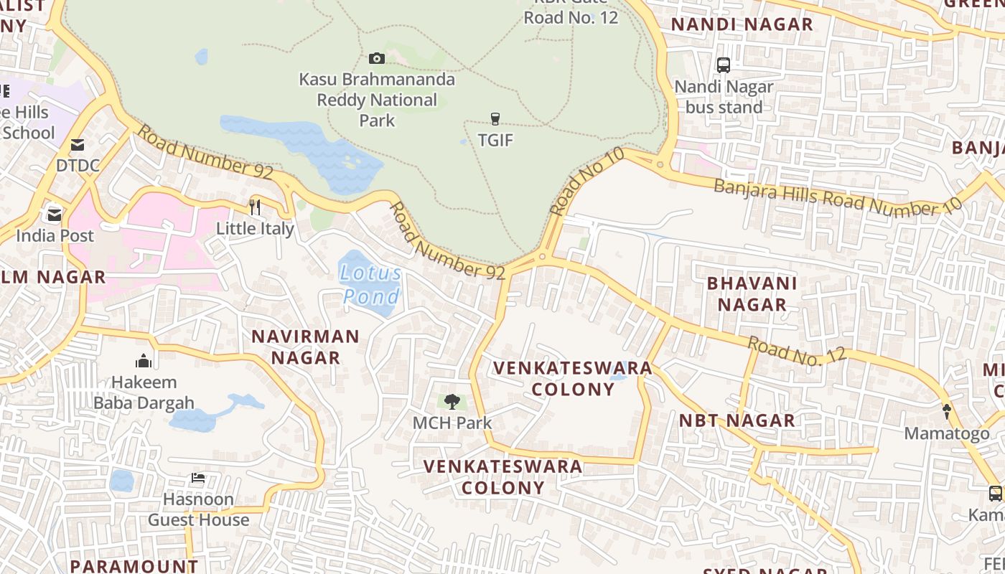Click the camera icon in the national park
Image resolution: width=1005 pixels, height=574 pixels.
point(376,58)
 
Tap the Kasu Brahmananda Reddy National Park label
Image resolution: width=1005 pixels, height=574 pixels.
point(377,100)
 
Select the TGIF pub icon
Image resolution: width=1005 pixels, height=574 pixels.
point(495,118)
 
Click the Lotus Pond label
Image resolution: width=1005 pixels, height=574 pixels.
point(371,284)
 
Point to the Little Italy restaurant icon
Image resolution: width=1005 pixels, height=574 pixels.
point(255,207)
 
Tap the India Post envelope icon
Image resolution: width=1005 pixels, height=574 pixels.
point(55,215)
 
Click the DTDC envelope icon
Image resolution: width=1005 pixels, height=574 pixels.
point(77,145)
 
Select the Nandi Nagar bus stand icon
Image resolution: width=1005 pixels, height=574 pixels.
point(724,65)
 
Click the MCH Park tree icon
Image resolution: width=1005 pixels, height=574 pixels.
point(452,402)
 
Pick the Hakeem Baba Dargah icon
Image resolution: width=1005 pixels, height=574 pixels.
point(144,361)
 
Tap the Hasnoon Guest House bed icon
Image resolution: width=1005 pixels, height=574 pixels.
point(197,478)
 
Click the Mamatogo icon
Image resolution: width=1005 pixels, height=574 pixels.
point(946,412)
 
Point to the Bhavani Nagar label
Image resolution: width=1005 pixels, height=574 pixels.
point(752,293)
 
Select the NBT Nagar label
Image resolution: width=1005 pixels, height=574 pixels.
point(737,420)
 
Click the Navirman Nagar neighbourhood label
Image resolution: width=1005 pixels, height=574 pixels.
point(305,347)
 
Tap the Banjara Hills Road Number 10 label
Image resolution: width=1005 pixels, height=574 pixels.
point(837,197)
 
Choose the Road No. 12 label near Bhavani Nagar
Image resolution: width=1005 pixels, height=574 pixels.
point(797,352)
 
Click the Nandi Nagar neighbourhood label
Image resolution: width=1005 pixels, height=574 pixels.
point(742,24)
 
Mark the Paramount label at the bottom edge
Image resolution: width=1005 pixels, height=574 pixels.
point(134,565)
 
